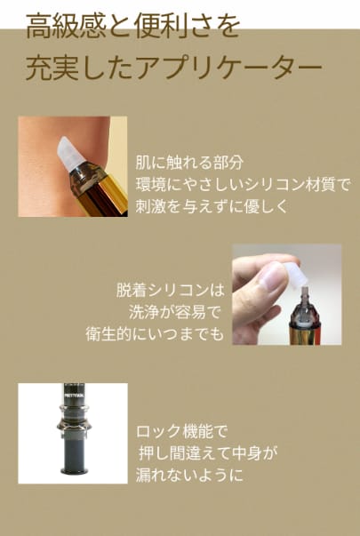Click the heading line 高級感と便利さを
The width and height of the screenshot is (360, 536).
132,27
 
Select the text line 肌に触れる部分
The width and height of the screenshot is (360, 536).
189,163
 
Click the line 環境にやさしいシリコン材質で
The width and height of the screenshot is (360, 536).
244,185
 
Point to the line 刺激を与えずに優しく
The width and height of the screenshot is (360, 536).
212,207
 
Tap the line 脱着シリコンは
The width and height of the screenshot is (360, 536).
171,291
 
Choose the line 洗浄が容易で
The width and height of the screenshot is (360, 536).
174,312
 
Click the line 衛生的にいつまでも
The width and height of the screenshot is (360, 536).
155,334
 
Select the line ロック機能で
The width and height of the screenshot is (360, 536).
181,432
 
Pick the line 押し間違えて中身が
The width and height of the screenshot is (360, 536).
207,454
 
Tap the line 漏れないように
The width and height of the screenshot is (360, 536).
189,476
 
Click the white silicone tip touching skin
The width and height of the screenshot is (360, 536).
71,155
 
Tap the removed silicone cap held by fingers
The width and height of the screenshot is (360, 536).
295,274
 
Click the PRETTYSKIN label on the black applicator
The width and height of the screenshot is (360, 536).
73,397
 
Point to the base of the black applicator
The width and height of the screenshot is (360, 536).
74,471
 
